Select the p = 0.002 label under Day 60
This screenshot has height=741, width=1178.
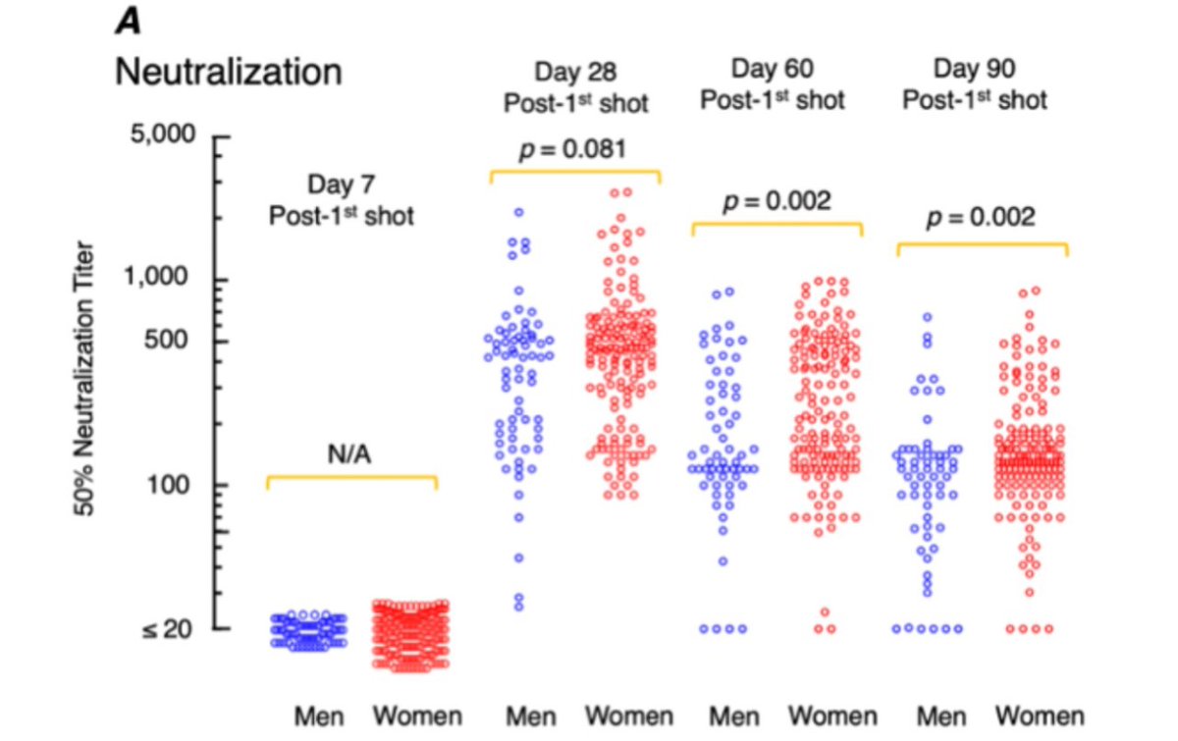tap(776, 201)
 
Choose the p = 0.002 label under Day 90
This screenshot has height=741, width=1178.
tap(981, 216)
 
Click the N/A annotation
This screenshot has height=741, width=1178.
tap(351, 454)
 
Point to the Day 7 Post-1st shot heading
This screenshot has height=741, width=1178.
tap(342, 198)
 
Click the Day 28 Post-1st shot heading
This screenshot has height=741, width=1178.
tap(577, 86)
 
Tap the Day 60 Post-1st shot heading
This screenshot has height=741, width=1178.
tap(775, 84)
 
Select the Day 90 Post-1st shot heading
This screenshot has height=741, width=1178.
tap(976, 84)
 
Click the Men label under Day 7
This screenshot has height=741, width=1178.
tap(317, 715)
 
